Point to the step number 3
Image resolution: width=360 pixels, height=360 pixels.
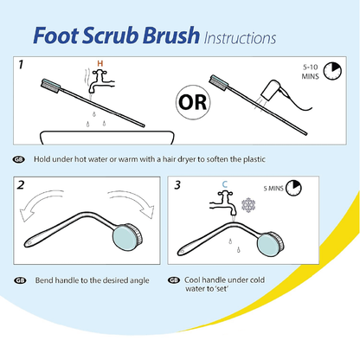tap(178, 185)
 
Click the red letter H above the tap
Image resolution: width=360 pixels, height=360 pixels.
tap(100, 62)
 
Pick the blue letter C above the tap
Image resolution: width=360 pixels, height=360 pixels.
tap(224, 183)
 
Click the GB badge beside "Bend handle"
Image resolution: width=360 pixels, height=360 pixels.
tap(19, 280)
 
